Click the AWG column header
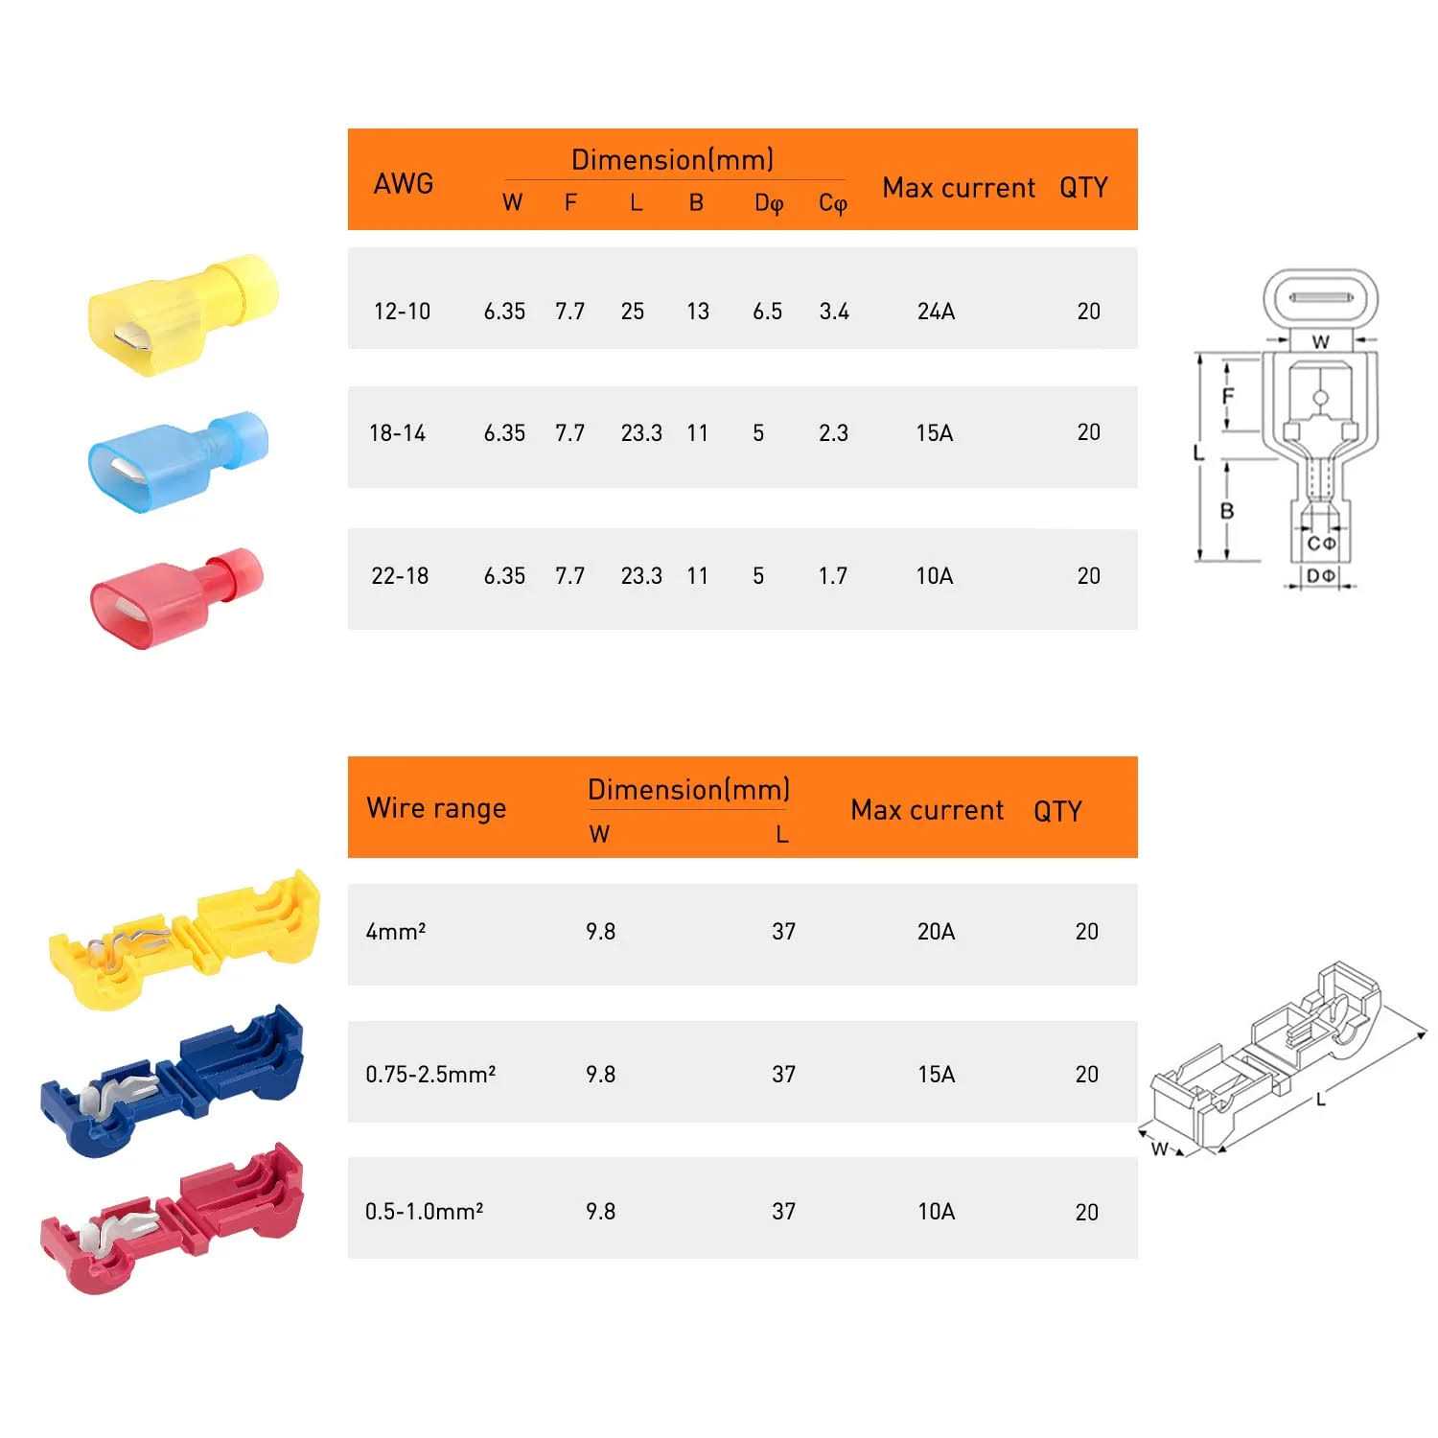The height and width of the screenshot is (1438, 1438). pyautogui.click(x=403, y=183)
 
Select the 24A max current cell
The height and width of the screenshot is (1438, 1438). pyautogui.click(x=936, y=311)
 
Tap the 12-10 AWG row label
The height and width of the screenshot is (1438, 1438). pyautogui.click(x=402, y=311)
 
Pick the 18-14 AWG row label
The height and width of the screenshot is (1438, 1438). pyautogui.click(x=397, y=432)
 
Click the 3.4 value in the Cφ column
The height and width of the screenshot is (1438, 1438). pyautogui.click(x=834, y=311)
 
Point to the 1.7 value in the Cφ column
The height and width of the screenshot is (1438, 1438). pyautogui.click(x=833, y=575)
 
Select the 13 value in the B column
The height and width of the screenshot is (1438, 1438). pyautogui.click(x=698, y=311)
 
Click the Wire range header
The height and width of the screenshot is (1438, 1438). pyautogui.click(x=436, y=808)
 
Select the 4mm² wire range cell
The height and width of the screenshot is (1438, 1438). pyautogui.click(x=396, y=931)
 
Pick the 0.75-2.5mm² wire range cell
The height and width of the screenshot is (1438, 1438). pyautogui.click(x=430, y=1074)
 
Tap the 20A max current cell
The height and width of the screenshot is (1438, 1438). pyautogui.click(x=936, y=931)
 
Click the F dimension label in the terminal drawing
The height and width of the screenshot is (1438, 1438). pyautogui.click(x=1228, y=396)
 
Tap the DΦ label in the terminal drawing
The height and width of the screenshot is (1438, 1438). pyautogui.click(x=1321, y=575)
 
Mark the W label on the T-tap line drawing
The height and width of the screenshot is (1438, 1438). pyautogui.click(x=1160, y=1148)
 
